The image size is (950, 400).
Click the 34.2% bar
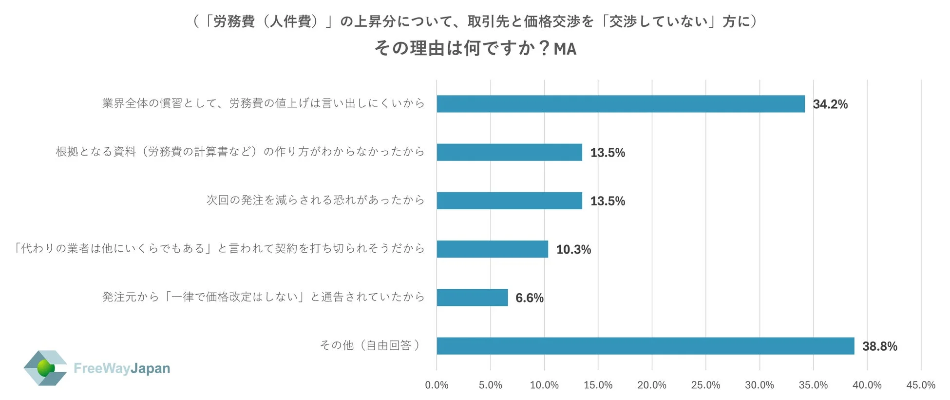(620, 104)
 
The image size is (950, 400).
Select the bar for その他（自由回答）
(645, 346)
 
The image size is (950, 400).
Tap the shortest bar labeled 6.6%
(472, 298)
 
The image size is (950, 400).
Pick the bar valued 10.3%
(492, 249)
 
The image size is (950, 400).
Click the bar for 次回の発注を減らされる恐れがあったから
(509, 200)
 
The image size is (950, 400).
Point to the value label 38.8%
(879, 346)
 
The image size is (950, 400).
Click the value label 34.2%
(830, 104)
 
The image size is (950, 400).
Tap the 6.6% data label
(529, 298)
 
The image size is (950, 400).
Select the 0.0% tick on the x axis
(437, 385)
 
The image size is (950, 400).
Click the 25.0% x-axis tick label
(705, 385)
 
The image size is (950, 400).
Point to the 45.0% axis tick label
(920, 385)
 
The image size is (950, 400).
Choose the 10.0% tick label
(544, 385)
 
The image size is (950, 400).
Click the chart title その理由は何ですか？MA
(475, 48)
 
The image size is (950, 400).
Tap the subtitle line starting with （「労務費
(475, 21)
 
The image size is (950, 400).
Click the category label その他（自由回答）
(370, 345)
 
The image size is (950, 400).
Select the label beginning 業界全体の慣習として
(263, 103)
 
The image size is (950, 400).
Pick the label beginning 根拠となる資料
(240, 152)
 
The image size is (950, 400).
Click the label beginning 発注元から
(263, 297)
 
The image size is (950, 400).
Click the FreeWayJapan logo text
(122, 368)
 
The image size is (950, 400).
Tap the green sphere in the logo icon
(46, 368)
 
